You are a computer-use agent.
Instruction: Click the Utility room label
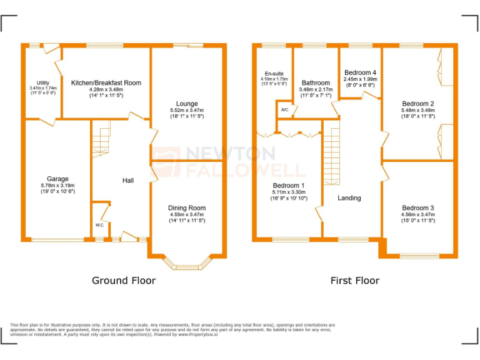(x=42, y=82)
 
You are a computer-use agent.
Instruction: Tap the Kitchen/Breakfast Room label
(x=106, y=82)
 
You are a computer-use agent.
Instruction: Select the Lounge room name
(x=187, y=104)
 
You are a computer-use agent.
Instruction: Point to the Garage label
(x=57, y=179)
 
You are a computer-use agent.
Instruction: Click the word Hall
(x=127, y=181)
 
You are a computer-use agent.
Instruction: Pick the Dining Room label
(x=186, y=208)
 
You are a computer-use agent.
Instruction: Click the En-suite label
(x=274, y=74)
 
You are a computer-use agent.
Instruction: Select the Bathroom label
(x=315, y=82)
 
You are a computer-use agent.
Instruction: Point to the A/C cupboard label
(x=284, y=110)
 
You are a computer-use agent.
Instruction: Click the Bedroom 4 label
(x=360, y=72)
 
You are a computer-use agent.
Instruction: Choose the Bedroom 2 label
(x=418, y=104)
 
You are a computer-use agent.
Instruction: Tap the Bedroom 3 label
(x=418, y=208)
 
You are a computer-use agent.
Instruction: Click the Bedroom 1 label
(x=289, y=186)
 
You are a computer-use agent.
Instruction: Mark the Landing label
(x=349, y=198)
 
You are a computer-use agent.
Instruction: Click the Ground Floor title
(x=124, y=281)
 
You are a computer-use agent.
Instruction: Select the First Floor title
(x=354, y=281)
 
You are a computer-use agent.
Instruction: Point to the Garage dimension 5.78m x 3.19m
(x=57, y=186)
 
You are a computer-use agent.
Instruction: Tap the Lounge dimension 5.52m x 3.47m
(x=187, y=111)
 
